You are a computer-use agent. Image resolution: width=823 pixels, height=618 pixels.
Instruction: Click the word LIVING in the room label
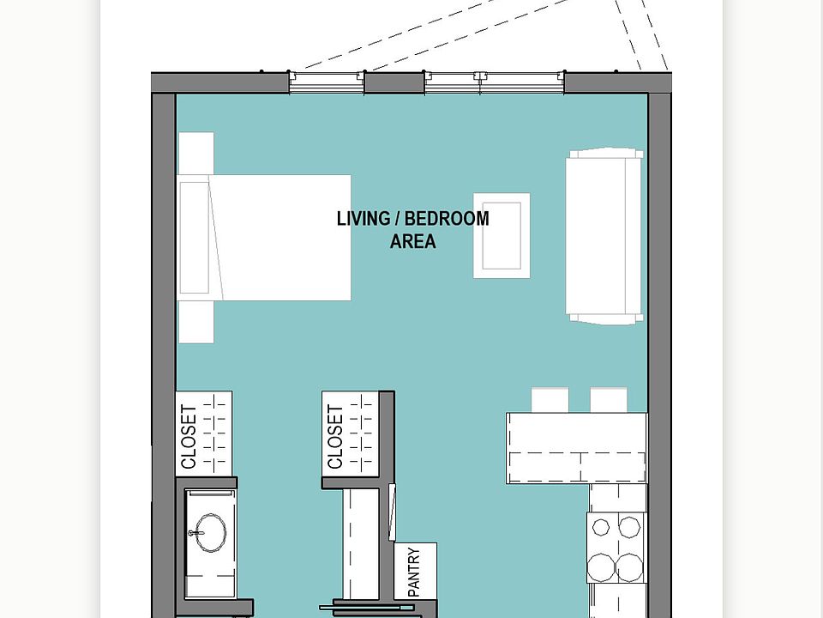pyautogui.click(x=363, y=218)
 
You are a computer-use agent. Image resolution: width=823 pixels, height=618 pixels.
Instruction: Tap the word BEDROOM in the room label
pyautogui.click(x=447, y=218)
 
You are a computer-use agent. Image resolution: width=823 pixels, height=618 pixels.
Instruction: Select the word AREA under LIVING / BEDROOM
pyautogui.click(x=412, y=241)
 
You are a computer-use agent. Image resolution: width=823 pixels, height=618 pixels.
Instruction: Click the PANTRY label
pyautogui.click(x=415, y=572)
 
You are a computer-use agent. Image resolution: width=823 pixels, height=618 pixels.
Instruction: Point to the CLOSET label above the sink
pyautogui.click(x=189, y=436)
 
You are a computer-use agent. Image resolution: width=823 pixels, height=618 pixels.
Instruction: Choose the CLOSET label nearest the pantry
pyautogui.click(x=336, y=436)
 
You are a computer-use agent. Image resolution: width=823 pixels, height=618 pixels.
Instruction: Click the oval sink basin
pyautogui.click(x=208, y=532)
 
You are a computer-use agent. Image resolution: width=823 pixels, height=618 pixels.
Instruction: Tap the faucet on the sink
pyautogui.click(x=197, y=534)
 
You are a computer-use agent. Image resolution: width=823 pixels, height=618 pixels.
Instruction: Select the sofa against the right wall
pyautogui.click(x=605, y=236)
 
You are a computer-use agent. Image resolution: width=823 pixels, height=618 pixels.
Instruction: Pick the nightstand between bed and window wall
pyautogui.click(x=196, y=154)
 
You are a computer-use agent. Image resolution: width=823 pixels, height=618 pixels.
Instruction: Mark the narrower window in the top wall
pyautogui.click(x=327, y=82)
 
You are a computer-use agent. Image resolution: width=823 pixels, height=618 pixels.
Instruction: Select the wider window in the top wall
pyautogui.click(x=494, y=82)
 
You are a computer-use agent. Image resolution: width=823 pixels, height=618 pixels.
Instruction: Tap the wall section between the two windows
pyautogui.click(x=395, y=83)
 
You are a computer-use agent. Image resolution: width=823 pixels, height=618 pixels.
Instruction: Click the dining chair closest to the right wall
pyautogui.click(x=608, y=400)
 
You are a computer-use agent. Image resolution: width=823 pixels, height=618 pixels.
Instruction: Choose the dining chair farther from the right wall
pyautogui.click(x=550, y=400)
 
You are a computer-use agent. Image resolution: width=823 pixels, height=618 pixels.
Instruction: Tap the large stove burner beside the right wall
pyautogui.click(x=631, y=566)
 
